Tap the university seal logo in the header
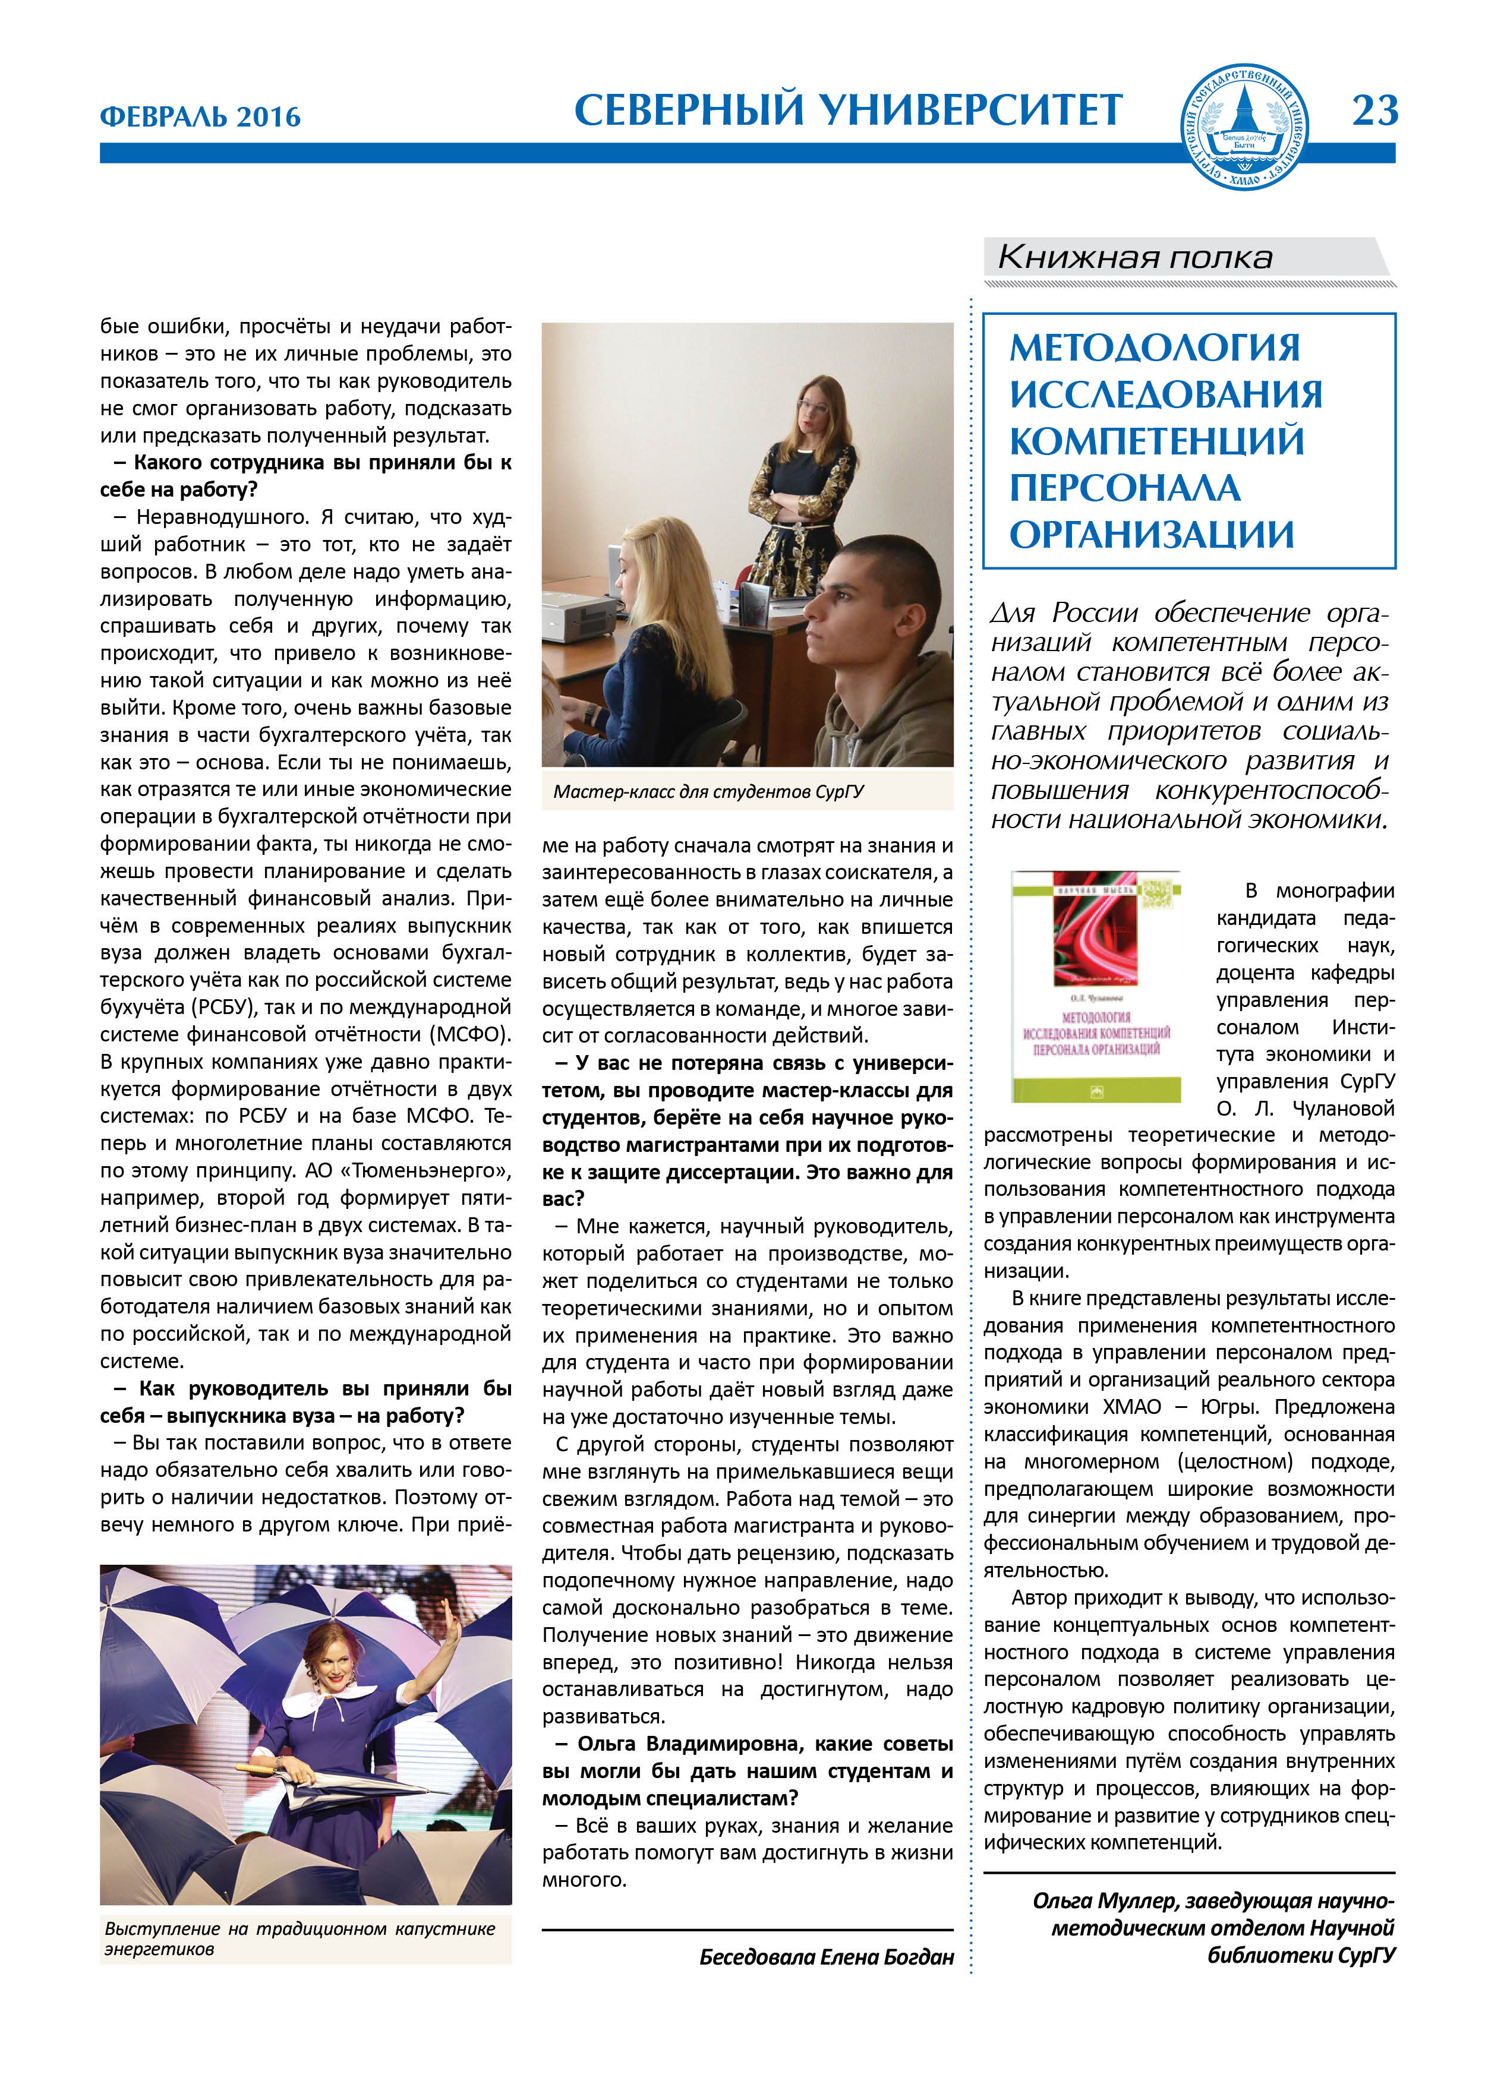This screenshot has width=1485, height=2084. (1244, 127)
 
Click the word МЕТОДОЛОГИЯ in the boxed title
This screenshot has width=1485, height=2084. (1154, 348)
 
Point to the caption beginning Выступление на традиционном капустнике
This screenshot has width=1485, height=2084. (300, 1928)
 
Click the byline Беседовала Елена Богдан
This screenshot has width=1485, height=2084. (826, 1957)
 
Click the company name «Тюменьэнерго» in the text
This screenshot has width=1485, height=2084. (443, 1171)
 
